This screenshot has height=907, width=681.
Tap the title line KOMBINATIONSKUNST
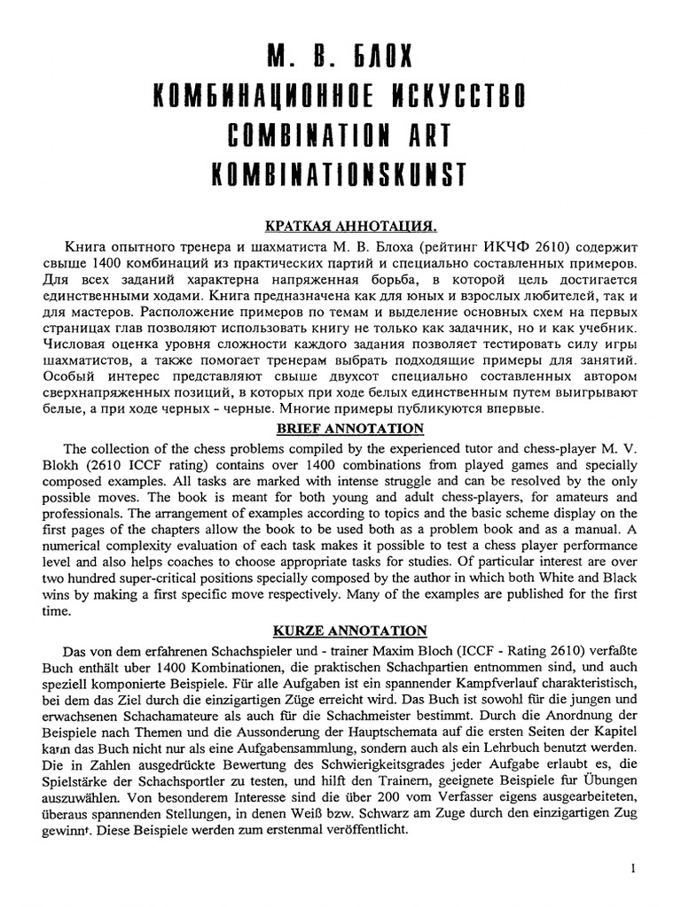(x=340, y=174)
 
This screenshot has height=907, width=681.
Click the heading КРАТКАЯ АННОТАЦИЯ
(x=339, y=226)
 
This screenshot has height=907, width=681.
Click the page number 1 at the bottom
(x=633, y=869)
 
